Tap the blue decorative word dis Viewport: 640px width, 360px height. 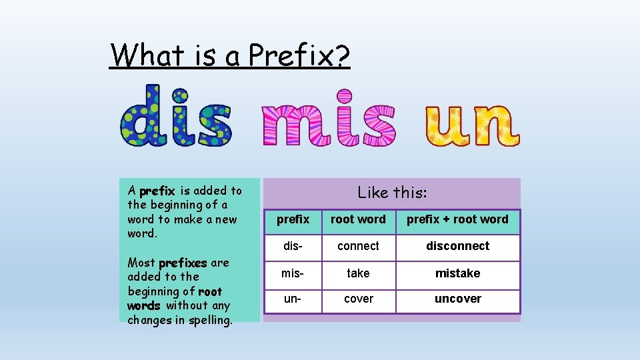176,116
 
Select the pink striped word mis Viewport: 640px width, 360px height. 328,123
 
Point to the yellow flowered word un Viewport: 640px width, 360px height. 472,125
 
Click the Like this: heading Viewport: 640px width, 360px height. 392,193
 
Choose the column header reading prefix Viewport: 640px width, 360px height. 293,219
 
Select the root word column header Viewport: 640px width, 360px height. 358,219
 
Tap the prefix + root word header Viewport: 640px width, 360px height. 457,219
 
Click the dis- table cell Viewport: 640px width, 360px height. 293,246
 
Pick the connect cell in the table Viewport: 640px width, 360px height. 358,246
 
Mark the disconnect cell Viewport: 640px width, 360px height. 457,246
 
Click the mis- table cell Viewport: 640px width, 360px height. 293,273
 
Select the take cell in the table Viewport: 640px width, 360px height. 358,273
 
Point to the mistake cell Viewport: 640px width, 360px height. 457,273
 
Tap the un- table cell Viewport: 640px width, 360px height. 293,299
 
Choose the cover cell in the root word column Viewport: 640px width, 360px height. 358,299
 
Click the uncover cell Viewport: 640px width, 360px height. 457,299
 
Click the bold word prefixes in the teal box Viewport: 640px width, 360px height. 183,263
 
